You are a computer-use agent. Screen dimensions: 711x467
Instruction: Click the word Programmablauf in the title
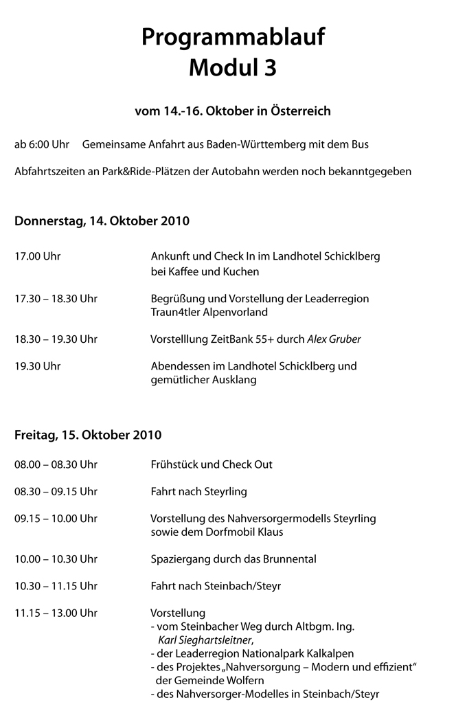[x=233, y=38]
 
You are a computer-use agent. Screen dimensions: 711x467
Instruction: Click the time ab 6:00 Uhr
[x=42, y=144]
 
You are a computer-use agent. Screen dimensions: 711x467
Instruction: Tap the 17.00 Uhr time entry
[x=38, y=256]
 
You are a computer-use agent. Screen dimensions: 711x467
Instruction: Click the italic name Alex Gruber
[x=334, y=339]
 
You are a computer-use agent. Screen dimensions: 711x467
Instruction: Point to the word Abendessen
[x=180, y=366]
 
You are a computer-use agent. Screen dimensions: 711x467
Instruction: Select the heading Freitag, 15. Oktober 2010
[x=88, y=435]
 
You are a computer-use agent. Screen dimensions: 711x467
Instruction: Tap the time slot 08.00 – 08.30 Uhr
[x=56, y=464]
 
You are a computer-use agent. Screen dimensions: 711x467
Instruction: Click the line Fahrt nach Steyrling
[x=198, y=492]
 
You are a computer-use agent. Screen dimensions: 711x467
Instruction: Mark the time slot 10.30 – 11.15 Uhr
[x=56, y=586]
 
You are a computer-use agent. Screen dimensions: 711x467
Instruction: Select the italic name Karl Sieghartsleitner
[x=201, y=640]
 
